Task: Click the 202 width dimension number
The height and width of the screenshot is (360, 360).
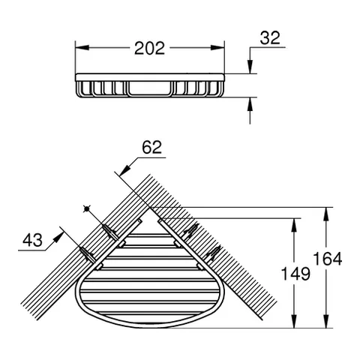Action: (149, 48)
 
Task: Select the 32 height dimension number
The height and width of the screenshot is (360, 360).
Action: (270, 38)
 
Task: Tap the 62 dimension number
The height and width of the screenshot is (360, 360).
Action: (151, 147)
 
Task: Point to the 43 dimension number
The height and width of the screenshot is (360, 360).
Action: (32, 240)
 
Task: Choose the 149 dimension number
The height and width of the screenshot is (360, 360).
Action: (295, 273)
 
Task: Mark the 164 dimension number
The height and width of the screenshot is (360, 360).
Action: (328, 259)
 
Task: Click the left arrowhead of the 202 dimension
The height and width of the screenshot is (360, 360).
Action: (82, 47)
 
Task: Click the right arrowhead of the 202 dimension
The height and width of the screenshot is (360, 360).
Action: (217, 47)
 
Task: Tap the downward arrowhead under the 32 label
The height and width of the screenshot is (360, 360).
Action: (250, 67)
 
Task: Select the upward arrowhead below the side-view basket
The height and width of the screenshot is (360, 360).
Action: (250, 104)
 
